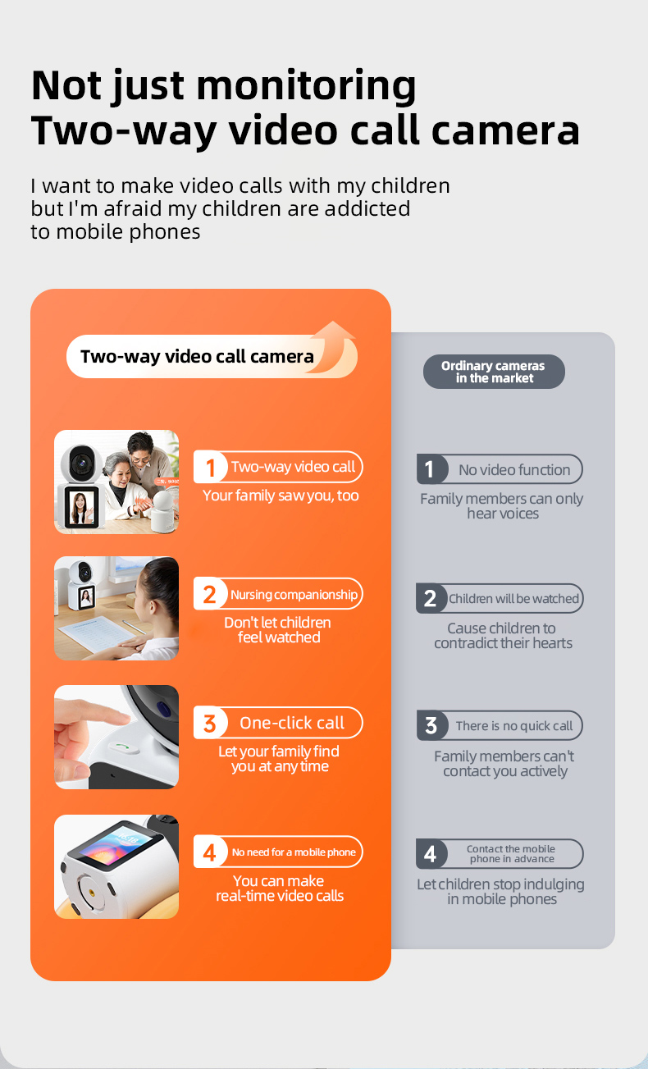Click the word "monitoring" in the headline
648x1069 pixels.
pyautogui.click(x=306, y=86)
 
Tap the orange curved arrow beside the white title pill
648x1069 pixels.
pyautogui.click(x=334, y=346)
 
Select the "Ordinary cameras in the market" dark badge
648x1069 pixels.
pyautogui.click(x=494, y=372)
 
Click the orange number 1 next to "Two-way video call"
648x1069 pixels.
pyautogui.click(x=210, y=468)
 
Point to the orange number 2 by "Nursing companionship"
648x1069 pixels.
pyautogui.click(x=209, y=595)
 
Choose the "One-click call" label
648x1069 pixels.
pyautogui.click(x=291, y=723)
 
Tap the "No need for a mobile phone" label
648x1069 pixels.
pyautogui.click(x=294, y=852)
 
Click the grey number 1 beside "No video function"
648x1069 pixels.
pyautogui.click(x=430, y=469)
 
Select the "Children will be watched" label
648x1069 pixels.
pyautogui.click(x=513, y=599)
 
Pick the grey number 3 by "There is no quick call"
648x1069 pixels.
pyautogui.click(x=431, y=726)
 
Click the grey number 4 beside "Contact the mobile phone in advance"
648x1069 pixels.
pyautogui.click(x=430, y=854)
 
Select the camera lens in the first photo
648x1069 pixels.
pyautogui.click(x=80, y=463)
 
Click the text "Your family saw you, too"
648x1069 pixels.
pyautogui.click(x=281, y=496)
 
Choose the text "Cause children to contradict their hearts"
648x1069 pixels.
pyautogui.click(x=503, y=636)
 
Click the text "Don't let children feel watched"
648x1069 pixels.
pyautogui.click(x=278, y=630)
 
